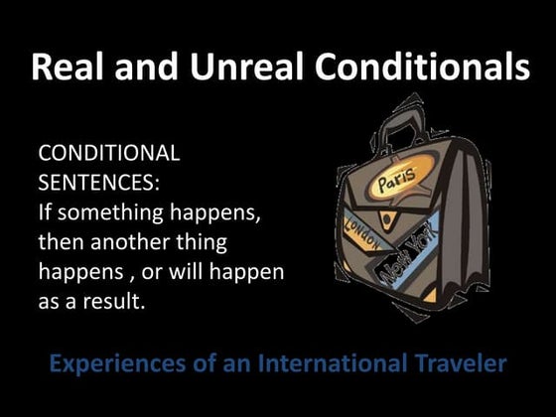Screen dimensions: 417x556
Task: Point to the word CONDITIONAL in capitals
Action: coord(108,154)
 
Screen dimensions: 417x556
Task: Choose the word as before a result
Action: coord(49,300)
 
